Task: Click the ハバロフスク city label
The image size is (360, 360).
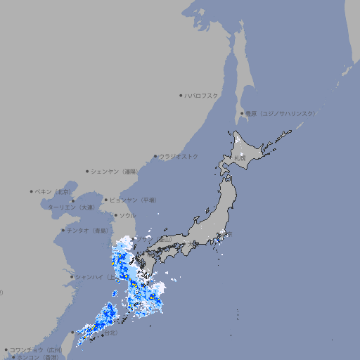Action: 201,95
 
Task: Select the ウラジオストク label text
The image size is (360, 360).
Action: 179,156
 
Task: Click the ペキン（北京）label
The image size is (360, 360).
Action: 53,191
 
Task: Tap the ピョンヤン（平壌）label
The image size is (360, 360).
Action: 134,200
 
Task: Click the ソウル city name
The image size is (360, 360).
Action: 127,215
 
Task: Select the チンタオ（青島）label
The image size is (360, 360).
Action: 88,230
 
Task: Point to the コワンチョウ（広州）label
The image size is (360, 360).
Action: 35,349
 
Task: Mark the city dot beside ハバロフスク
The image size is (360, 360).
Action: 181,95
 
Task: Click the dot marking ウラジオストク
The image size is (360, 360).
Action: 155,156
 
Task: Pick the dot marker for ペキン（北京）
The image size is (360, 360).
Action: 32,191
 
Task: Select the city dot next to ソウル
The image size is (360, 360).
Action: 115,215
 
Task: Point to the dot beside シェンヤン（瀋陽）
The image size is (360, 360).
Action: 87,171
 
